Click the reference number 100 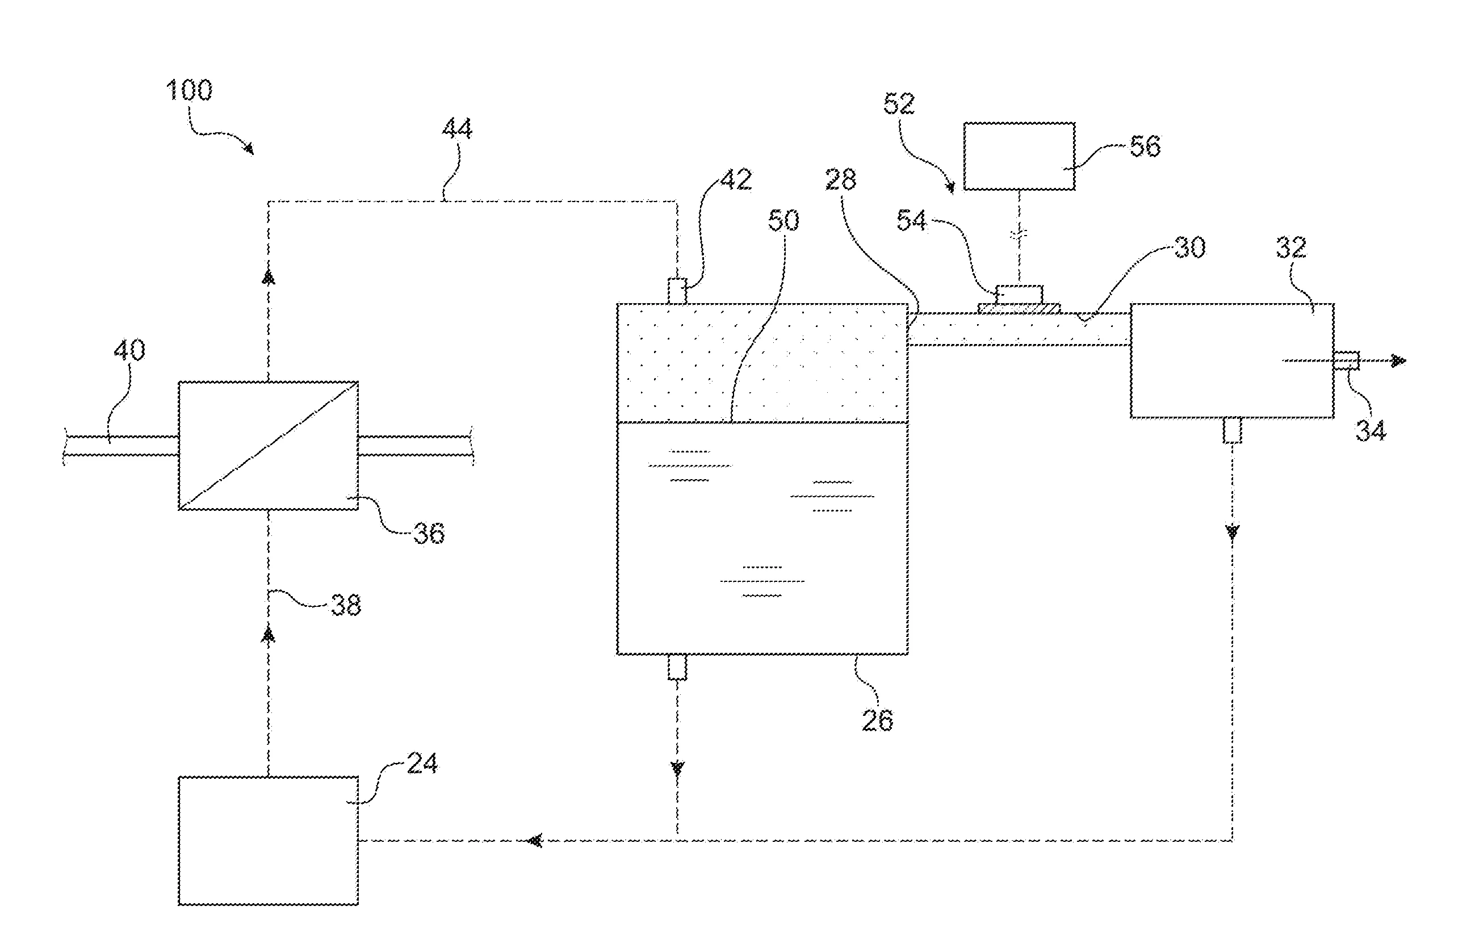click(189, 91)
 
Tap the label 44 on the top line click(458, 129)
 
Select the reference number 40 click(129, 350)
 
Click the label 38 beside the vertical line click(346, 605)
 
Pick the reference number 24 click(422, 764)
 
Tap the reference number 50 click(783, 221)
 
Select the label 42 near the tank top click(736, 180)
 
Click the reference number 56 click(1145, 146)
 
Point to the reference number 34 click(1371, 430)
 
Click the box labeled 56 click(1019, 157)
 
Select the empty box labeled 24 click(268, 841)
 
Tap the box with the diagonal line click(268, 446)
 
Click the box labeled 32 click(1232, 361)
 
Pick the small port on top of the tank click(677, 291)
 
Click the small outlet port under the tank click(677, 668)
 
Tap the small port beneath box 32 click(1233, 431)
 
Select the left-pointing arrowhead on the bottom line click(535, 841)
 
